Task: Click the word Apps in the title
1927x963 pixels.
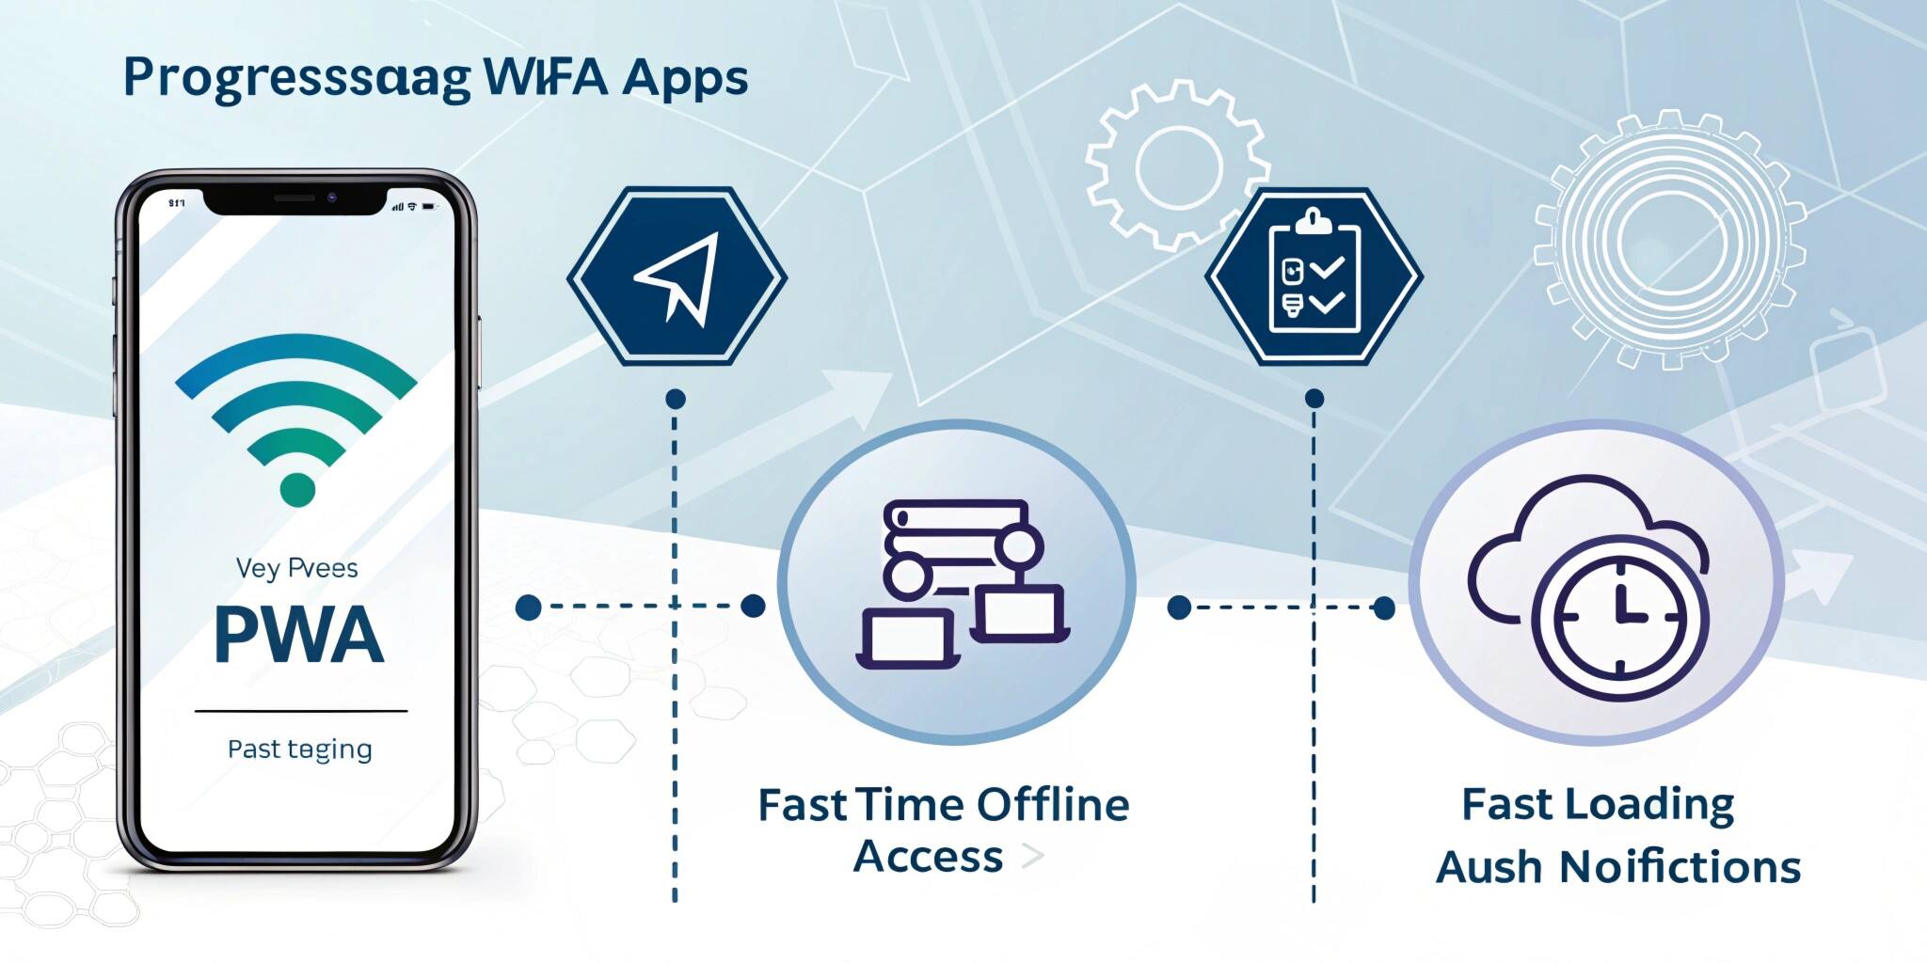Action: pos(685,79)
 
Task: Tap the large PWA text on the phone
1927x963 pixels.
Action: pos(299,636)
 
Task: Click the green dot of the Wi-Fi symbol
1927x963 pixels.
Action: pos(297,490)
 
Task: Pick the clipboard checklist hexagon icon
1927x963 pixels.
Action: pos(1314,276)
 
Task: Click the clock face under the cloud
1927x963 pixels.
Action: pos(1619,617)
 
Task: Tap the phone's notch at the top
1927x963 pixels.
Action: pos(295,199)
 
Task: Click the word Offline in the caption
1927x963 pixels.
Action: pos(1052,806)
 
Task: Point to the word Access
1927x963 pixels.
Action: pos(928,857)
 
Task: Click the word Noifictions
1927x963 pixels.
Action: pos(1680,867)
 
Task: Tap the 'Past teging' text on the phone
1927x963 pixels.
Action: pos(299,750)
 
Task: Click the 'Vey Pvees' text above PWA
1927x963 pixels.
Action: pos(296,568)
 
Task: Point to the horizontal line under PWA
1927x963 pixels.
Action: pos(300,712)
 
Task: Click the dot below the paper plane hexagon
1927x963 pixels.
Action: pos(675,399)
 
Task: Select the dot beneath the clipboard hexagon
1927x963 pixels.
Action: pos(1314,399)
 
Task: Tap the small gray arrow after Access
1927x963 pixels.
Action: pos(1032,856)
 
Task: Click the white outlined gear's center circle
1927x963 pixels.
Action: pos(1178,167)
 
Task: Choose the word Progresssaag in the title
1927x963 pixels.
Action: pos(296,79)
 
